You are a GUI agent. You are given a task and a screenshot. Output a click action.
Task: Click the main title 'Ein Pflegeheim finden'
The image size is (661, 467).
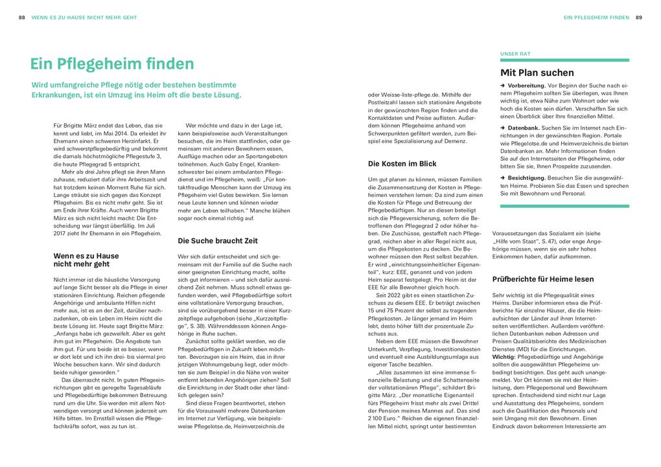(112, 63)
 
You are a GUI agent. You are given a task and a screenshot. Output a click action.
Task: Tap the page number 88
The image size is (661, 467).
(22, 17)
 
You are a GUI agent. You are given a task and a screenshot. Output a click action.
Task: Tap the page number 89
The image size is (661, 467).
(638, 17)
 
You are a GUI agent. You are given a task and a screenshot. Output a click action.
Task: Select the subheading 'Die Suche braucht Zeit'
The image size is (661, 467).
(218, 240)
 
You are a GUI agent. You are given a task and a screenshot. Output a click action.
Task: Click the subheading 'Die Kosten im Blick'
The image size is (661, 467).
(402, 164)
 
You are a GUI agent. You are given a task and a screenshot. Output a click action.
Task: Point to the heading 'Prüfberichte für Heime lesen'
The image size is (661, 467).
(543, 279)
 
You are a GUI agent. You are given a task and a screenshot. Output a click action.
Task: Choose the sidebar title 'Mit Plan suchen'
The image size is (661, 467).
(537, 73)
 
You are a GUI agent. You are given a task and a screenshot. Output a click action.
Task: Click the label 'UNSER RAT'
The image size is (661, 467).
(516, 53)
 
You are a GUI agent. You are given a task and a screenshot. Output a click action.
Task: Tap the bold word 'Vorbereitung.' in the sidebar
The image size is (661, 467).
(526, 85)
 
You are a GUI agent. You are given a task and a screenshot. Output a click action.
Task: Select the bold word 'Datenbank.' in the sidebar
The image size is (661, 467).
(523, 128)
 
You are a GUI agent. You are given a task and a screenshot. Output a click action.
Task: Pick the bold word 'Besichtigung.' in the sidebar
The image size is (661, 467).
(526, 177)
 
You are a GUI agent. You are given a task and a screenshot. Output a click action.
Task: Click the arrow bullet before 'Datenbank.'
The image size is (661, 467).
(502, 128)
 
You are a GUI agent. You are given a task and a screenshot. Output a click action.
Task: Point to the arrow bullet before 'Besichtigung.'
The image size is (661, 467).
(502, 177)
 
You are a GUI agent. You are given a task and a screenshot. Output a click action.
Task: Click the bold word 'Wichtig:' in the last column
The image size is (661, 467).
(505, 356)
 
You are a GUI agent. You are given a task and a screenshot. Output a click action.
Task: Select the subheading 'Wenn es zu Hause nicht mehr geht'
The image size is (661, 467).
(86, 260)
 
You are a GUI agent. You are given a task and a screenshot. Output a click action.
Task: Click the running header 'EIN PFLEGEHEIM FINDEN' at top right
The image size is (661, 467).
(596, 17)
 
